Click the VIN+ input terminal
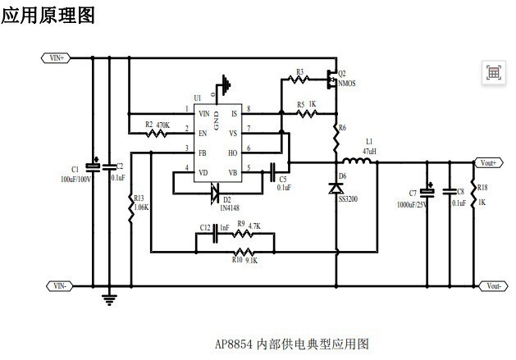(x=57, y=58)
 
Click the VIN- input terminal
(x=57, y=285)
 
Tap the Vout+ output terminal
(x=489, y=163)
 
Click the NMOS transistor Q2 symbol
(x=331, y=80)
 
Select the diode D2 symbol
(x=216, y=192)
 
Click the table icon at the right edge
(x=494, y=72)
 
